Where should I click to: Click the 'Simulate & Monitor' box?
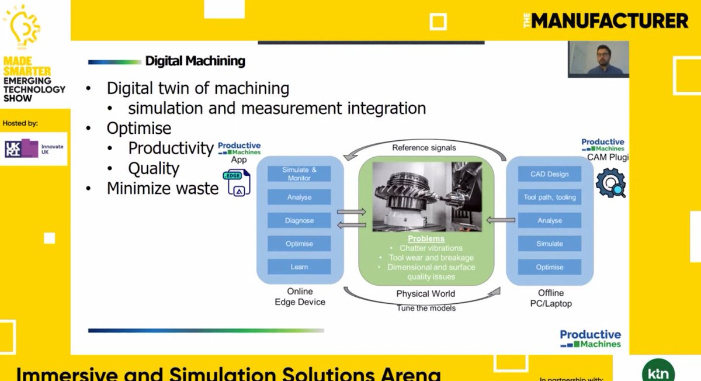point(299,174)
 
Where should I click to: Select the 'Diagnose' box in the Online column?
point(299,220)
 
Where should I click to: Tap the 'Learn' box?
point(299,267)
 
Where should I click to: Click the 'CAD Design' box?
point(549,174)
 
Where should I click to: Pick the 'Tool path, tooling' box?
point(549,197)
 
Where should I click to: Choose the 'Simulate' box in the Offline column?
point(549,244)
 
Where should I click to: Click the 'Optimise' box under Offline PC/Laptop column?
point(549,267)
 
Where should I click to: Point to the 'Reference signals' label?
point(425,148)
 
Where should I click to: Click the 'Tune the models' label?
point(426,308)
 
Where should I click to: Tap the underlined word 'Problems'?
point(426,239)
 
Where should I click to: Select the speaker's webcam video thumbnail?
point(598,59)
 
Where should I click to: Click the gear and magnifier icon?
point(610,182)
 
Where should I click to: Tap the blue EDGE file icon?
point(237,182)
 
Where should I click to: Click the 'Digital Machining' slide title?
point(195,61)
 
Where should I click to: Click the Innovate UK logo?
point(34,148)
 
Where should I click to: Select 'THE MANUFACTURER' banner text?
point(606,21)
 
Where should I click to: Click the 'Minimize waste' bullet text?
point(162,189)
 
